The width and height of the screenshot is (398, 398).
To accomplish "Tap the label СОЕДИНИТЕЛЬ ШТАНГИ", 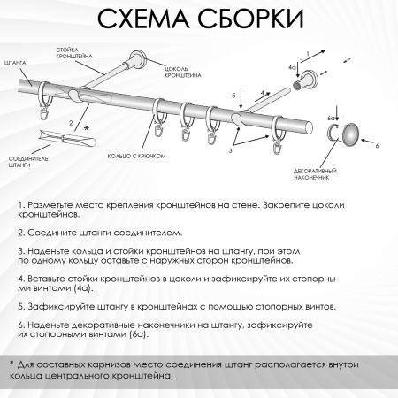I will click(x=25, y=161).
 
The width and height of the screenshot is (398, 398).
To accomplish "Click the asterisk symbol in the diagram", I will click(x=87, y=129).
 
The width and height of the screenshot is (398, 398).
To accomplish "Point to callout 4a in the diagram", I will click(x=291, y=66).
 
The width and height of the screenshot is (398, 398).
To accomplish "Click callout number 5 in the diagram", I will click(x=234, y=94).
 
